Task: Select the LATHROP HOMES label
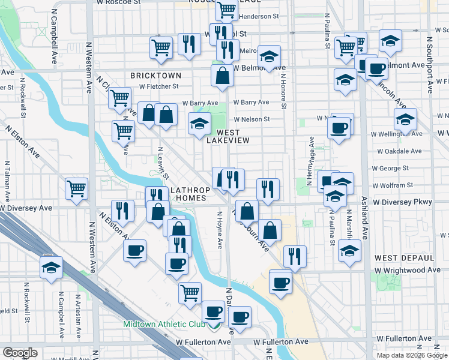click(191, 194)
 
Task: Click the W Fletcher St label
click(159, 86)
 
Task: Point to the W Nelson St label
click(252, 119)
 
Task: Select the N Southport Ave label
click(430, 64)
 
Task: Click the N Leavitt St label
click(162, 163)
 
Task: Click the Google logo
click(20, 353)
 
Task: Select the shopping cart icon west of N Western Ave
click(77, 188)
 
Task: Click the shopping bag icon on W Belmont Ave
click(222, 76)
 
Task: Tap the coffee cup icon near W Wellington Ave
click(339, 128)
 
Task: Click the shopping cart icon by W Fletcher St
click(120, 97)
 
